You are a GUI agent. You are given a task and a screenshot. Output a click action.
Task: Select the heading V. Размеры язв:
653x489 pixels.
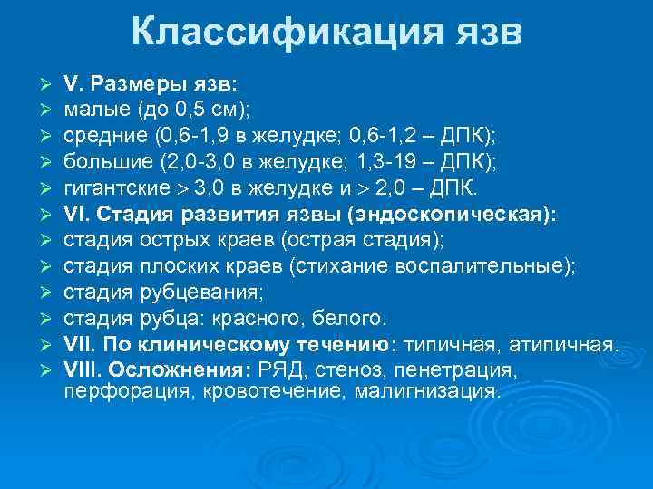[150, 83]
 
